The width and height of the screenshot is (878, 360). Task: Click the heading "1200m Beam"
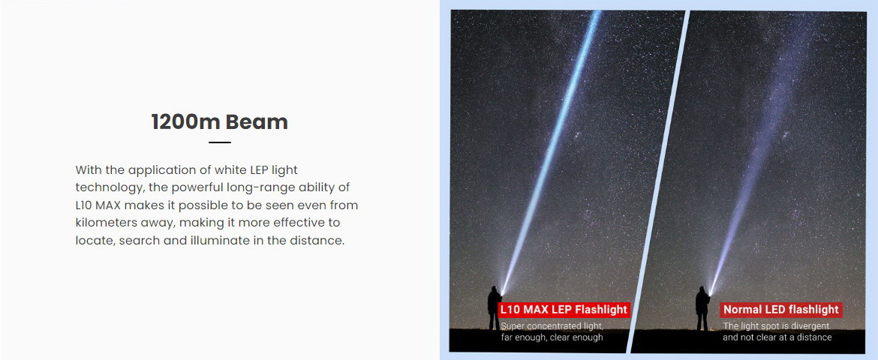click(x=219, y=122)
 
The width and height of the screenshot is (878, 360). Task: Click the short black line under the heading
click(x=219, y=142)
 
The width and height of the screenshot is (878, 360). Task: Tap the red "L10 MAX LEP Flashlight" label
click(x=564, y=310)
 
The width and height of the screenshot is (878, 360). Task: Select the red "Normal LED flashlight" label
click(x=780, y=310)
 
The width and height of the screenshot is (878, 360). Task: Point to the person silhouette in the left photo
click(x=494, y=308)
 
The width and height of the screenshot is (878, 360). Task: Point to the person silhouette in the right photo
click(x=702, y=308)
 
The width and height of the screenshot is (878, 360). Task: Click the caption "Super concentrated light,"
click(x=552, y=325)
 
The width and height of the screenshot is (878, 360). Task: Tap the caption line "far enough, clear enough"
click(x=552, y=337)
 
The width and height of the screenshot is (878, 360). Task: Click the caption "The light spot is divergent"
click(x=775, y=325)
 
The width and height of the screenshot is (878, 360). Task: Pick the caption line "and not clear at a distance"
click(x=777, y=337)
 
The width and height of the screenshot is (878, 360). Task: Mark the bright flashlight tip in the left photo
click(x=503, y=292)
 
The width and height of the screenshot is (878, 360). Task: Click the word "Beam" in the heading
click(x=260, y=122)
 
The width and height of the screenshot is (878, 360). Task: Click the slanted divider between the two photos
click(x=659, y=181)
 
